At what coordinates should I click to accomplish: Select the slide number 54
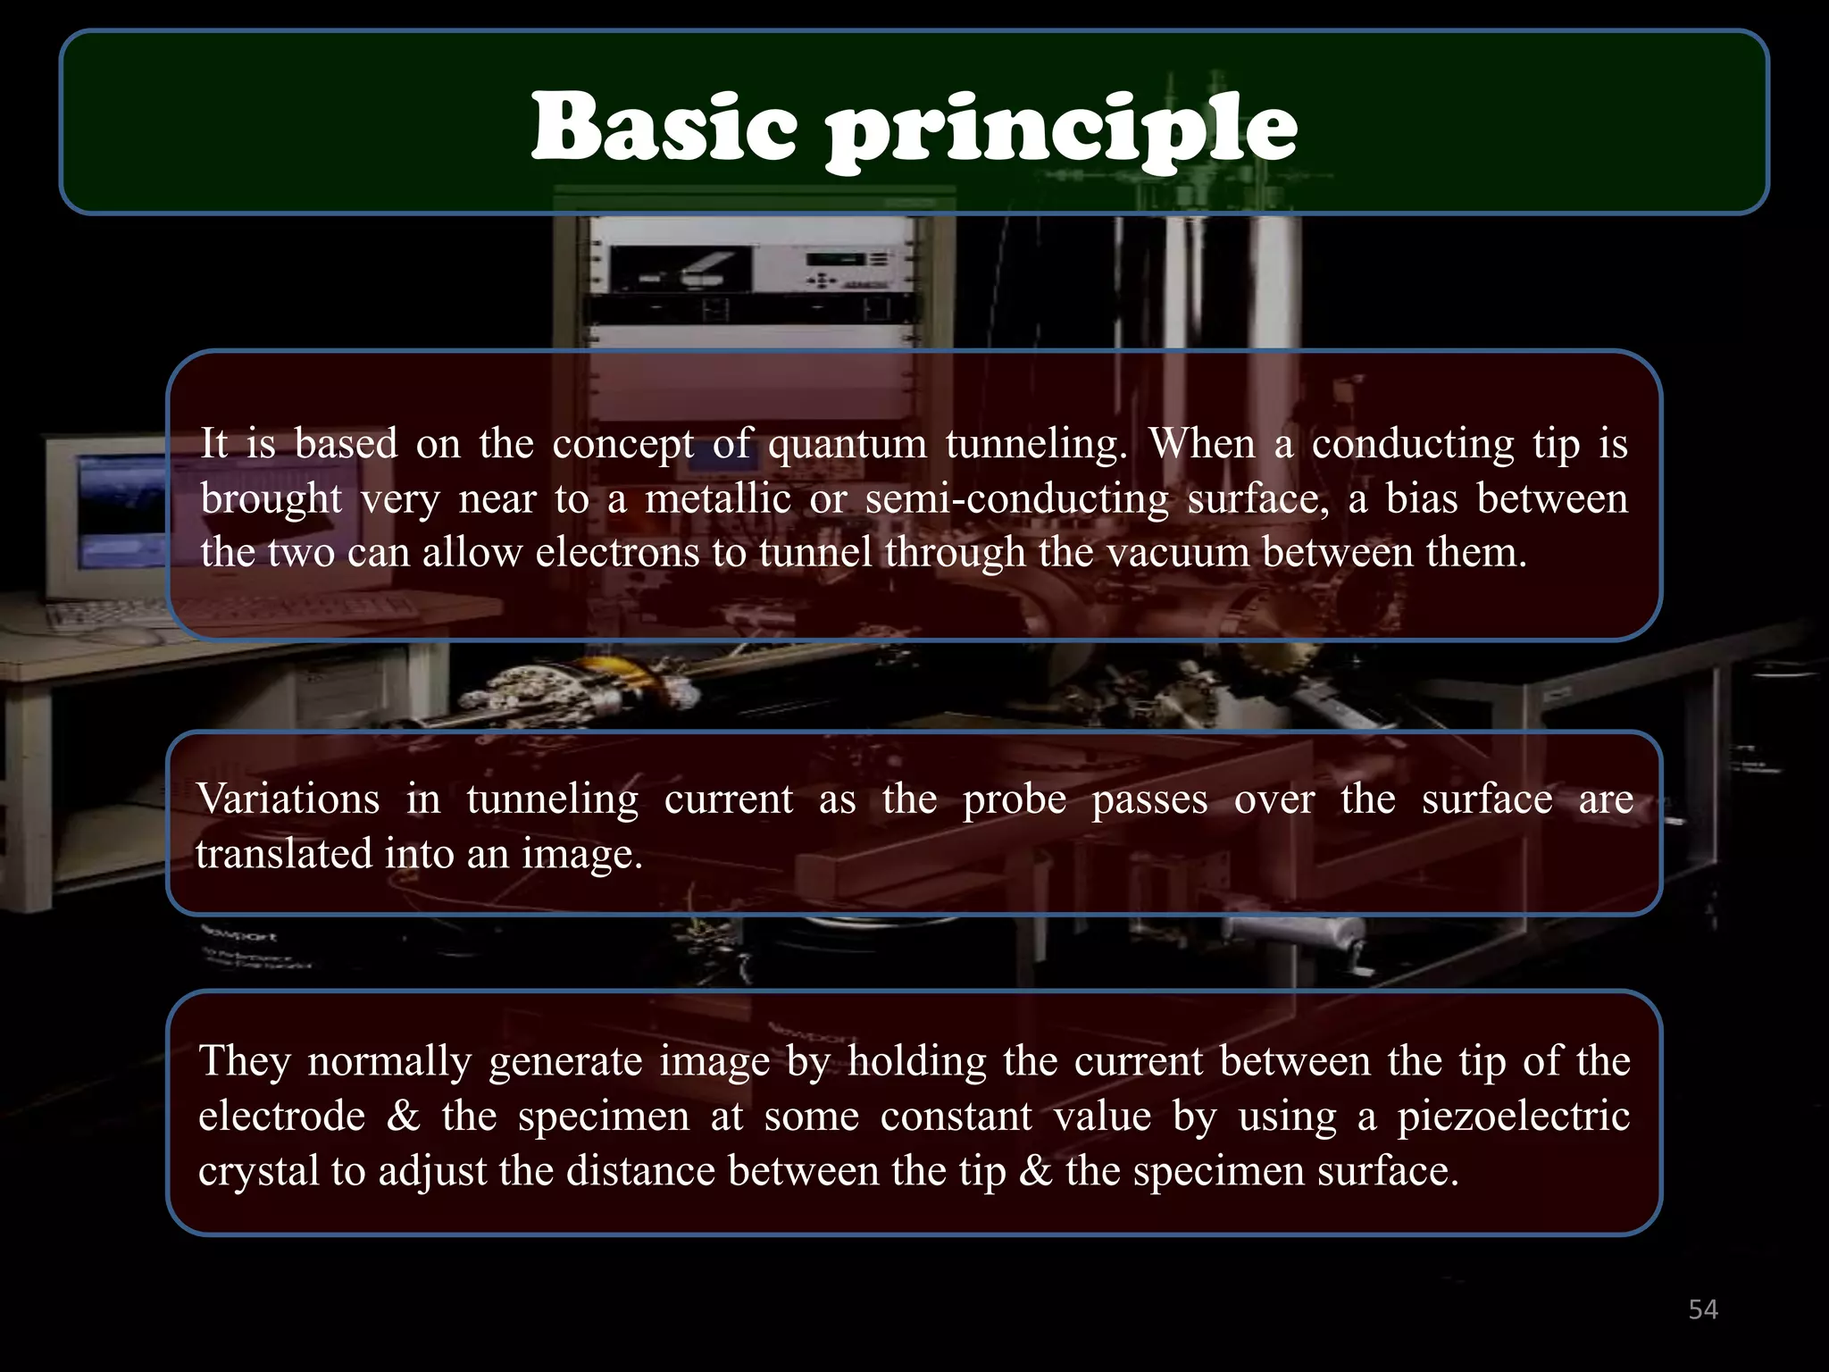pos(1703,1309)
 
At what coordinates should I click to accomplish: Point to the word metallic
pos(718,498)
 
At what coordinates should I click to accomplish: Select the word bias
pos(1421,498)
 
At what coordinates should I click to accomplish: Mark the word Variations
pos(288,799)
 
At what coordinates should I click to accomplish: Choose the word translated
pos(284,854)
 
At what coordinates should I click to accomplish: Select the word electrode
pos(281,1117)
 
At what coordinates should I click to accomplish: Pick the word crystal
pos(258,1172)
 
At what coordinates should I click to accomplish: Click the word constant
pos(956,1117)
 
